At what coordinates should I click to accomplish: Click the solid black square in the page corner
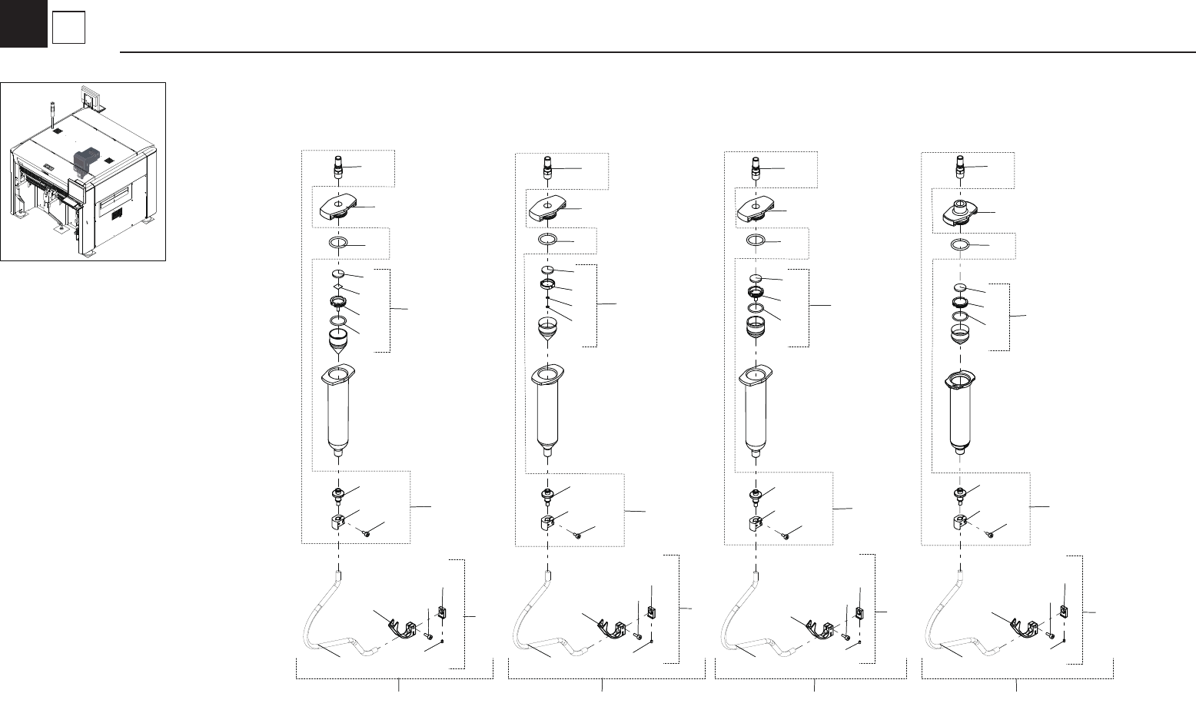(23, 23)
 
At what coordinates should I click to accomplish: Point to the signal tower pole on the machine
(51, 111)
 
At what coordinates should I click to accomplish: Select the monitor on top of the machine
(91, 98)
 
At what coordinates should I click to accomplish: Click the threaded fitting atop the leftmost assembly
(337, 167)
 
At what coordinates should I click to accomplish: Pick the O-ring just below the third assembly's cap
(756, 240)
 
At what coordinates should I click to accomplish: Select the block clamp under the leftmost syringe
(336, 526)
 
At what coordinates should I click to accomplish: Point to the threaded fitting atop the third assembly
(756, 167)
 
